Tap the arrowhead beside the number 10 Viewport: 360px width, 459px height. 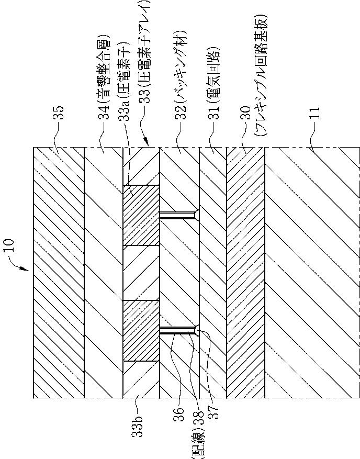(27, 270)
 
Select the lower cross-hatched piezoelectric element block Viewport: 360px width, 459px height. (141, 331)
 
